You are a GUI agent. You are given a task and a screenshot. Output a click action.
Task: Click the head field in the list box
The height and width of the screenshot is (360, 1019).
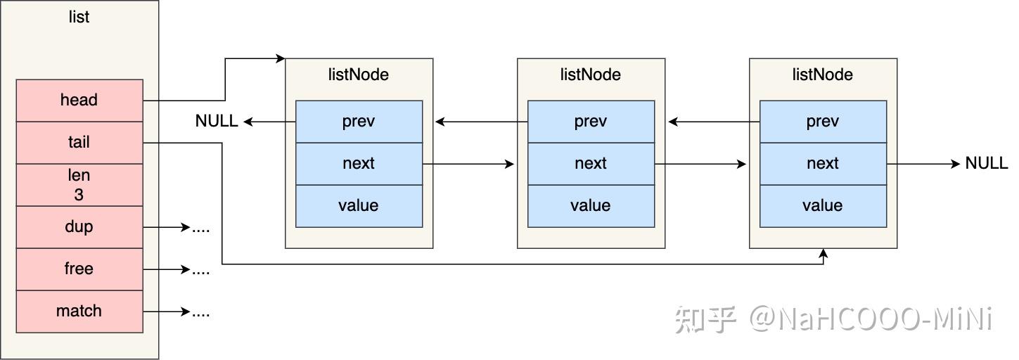[x=79, y=101]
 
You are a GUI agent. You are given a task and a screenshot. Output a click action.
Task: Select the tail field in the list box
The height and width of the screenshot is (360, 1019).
[x=79, y=143]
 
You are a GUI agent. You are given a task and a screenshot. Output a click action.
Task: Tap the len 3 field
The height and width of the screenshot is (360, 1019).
[x=79, y=185]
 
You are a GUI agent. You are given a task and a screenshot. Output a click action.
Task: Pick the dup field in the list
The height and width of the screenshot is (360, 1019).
[x=79, y=227]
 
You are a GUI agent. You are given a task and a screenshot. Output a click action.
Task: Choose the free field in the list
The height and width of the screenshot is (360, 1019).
[x=79, y=269]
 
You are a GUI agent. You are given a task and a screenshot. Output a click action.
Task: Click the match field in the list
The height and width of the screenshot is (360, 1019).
[x=79, y=311]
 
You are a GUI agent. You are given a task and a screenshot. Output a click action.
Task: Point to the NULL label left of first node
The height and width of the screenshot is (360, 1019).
[x=217, y=122]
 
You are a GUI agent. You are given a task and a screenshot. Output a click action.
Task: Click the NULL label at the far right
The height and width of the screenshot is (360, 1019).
[x=986, y=163]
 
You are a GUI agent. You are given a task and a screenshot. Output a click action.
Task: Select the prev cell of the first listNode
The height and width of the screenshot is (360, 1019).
[x=359, y=122]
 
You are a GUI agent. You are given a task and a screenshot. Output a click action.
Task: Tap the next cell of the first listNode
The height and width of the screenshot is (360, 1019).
[x=359, y=164]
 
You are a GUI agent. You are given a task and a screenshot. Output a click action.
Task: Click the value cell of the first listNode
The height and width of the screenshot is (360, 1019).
[x=359, y=206]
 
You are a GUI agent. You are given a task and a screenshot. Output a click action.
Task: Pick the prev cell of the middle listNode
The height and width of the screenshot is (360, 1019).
[x=591, y=122]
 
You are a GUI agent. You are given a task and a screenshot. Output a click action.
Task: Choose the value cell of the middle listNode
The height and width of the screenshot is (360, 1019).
[x=591, y=206]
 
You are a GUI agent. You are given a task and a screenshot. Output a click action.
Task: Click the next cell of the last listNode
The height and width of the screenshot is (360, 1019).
[x=823, y=164]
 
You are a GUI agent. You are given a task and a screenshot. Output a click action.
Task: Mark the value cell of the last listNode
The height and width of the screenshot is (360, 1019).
[x=823, y=206]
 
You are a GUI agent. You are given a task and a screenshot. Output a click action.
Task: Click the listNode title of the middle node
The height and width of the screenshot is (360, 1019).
[x=591, y=75]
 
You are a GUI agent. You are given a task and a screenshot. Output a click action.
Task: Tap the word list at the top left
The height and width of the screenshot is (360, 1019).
[x=79, y=17]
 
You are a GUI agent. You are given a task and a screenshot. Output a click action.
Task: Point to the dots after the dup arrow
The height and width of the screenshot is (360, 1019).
[x=201, y=229]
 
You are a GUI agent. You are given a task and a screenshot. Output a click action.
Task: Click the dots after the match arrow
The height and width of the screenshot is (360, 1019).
[x=201, y=313]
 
